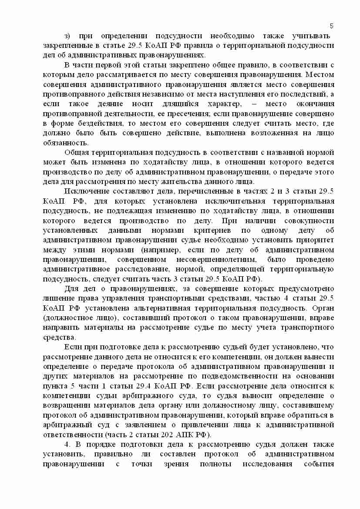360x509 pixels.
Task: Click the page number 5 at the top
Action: click(x=331, y=26)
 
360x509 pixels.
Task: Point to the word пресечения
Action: click(x=185, y=113)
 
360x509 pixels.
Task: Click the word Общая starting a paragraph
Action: click(x=77, y=152)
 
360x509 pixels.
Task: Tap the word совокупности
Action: click(x=307, y=221)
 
